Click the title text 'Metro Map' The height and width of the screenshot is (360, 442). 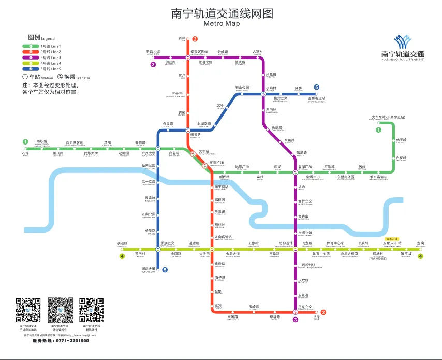click(x=222, y=24)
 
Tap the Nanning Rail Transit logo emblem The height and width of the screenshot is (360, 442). click(x=402, y=41)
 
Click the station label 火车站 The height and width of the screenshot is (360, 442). click(x=205, y=151)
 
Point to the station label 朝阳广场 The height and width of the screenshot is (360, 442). click(x=216, y=162)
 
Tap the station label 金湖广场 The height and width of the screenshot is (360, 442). click(x=305, y=166)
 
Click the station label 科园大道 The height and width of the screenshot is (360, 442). click(x=153, y=52)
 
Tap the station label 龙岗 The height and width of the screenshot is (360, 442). click(x=420, y=243)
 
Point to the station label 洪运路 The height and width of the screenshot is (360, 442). click(x=122, y=243)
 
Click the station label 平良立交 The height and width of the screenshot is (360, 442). click(x=305, y=307)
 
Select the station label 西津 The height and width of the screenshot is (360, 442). click(x=181, y=38)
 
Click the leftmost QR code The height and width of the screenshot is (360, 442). click(x=28, y=310)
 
